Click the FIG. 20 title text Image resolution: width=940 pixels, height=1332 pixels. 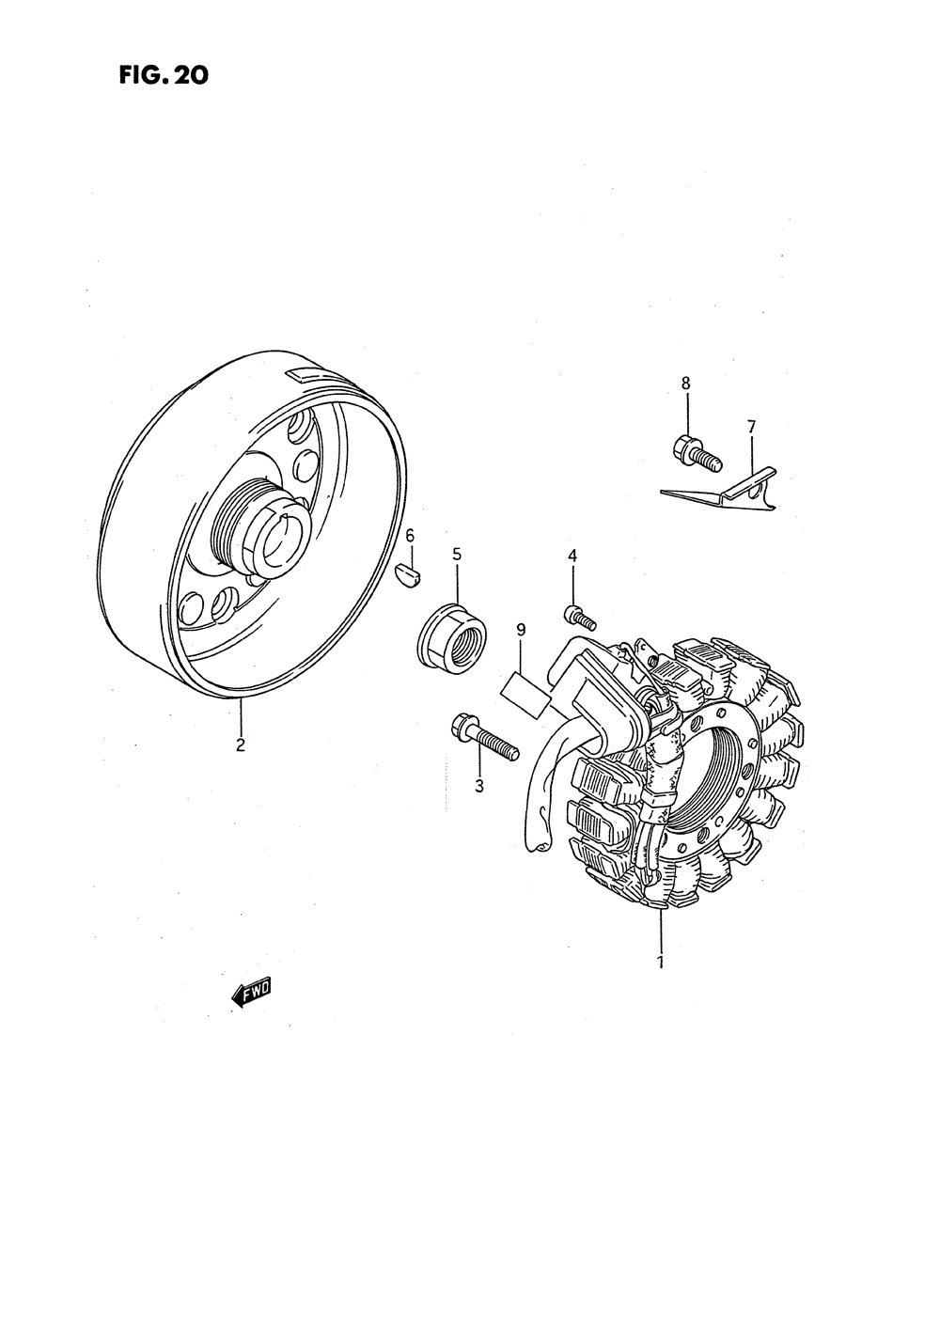(x=162, y=74)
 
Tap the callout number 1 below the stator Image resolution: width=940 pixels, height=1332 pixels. (x=661, y=962)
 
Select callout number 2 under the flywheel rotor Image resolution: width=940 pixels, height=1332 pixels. (x=241, y=745)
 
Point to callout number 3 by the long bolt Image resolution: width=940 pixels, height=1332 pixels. (x=478, y=786)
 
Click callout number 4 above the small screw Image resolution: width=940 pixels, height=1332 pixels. (x=572, y=556)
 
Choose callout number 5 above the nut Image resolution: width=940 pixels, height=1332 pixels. (x=457, y=554)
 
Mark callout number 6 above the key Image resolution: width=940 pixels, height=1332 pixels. (x=410, y=536)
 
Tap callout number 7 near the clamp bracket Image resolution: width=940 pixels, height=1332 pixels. (x=751, y=427)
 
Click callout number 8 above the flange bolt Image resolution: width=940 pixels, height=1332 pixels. (x=685, y=383)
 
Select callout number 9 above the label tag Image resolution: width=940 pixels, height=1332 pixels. (x=521, y=629)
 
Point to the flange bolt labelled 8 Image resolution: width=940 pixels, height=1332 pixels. (x=696, y=452)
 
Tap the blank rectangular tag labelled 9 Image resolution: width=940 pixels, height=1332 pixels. (x=527, y=690)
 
